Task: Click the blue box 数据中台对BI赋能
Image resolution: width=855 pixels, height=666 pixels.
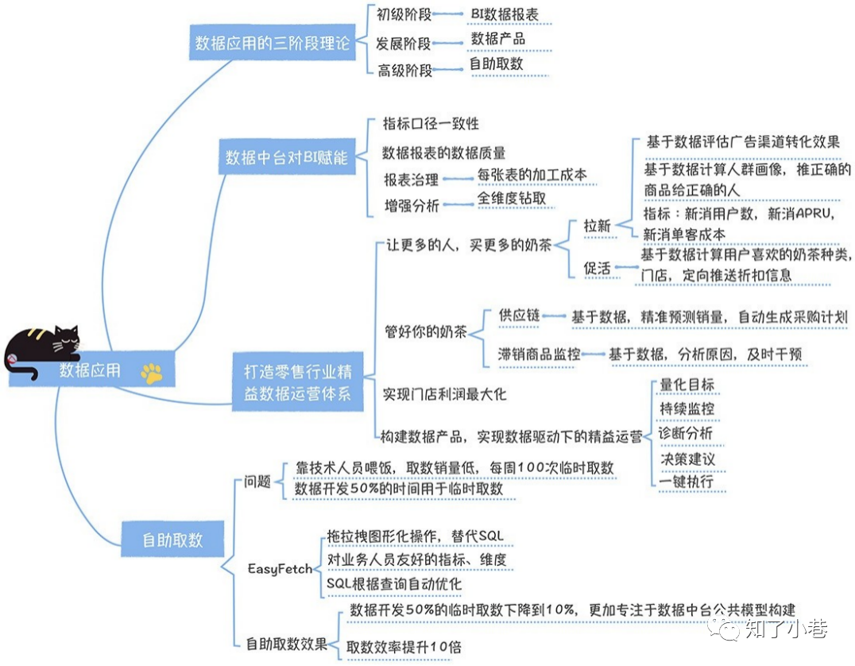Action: [x=287, y=157]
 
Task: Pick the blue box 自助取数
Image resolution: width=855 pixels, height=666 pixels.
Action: [x=172, y=540]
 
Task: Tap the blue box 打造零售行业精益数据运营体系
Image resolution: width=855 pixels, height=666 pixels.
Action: [x=298, y=381]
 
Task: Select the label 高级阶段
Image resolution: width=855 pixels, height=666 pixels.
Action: [x=404, y=71]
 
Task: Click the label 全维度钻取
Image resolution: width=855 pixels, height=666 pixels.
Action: [x=512, y=199]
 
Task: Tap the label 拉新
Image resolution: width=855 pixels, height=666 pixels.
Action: [x=597, y=226]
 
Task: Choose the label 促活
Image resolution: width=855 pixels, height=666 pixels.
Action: [x=597, y=269]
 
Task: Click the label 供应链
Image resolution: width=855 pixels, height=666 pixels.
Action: [x=519, y=316]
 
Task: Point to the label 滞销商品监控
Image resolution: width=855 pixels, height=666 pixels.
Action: [x=539, y=354]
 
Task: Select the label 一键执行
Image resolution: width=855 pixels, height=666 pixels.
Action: [x=687, y=482]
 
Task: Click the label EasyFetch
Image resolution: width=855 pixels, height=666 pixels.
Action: [x=280, y=569]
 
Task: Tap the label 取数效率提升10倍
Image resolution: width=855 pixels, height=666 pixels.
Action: [x=404, y=647]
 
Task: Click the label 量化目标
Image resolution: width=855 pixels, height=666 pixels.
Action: [x=687, y=385]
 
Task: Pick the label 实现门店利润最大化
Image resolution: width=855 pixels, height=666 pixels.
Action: [x=444, y=394]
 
